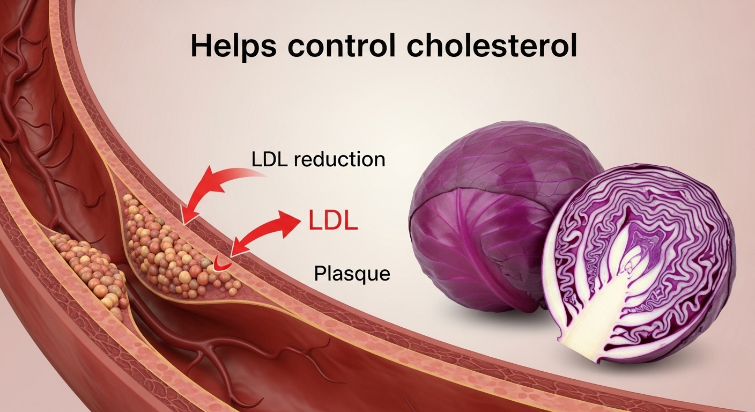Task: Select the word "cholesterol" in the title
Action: (x=492, y=47)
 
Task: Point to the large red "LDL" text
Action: (x=333, y=222)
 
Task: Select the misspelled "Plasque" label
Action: (x=352, y=274)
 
